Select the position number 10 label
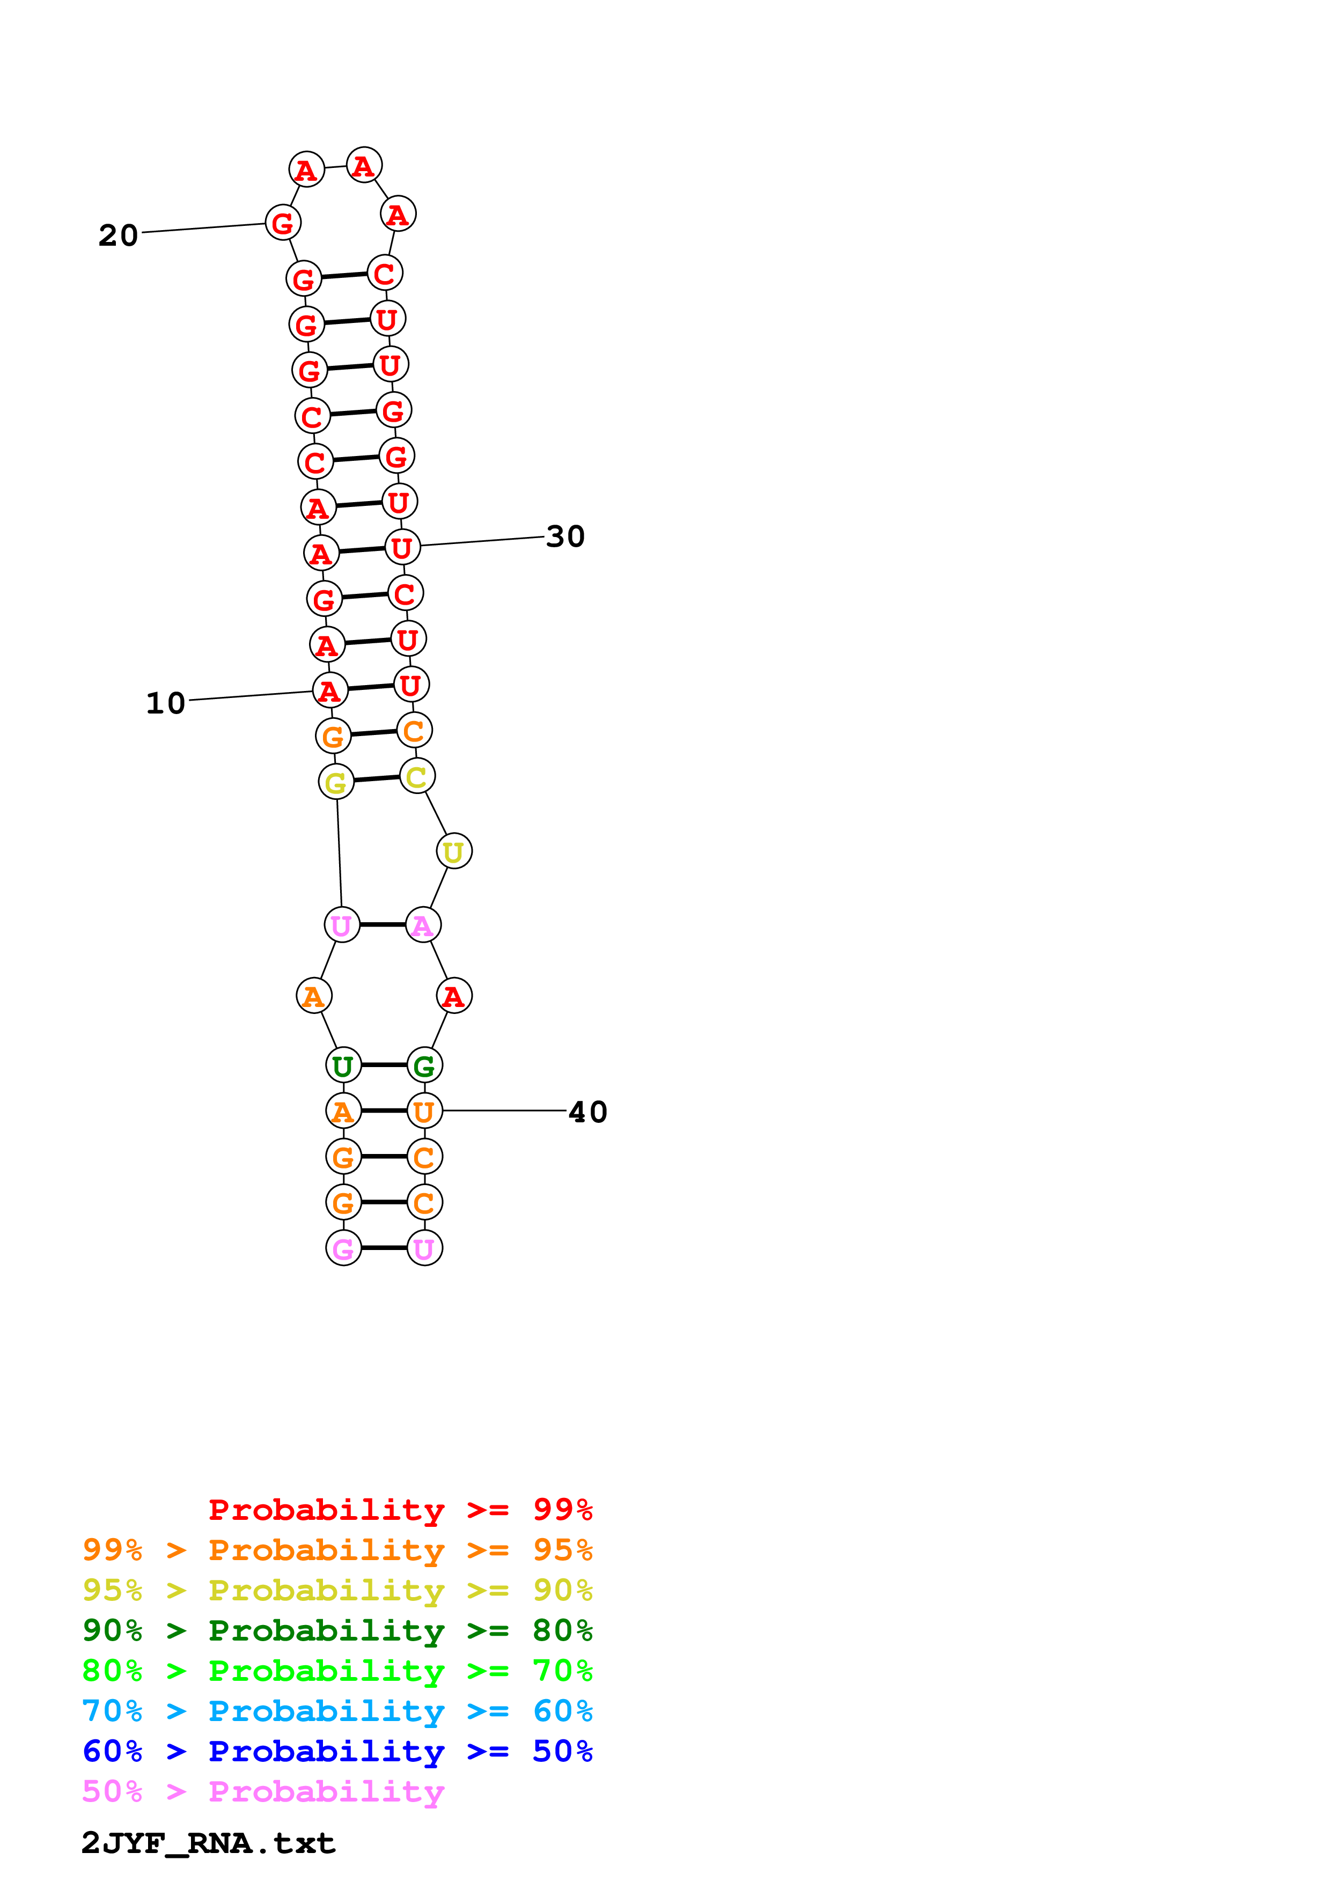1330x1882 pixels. coord(166,703)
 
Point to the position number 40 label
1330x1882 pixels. coord(587,1112)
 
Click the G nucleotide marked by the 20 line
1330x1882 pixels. coord(283,223)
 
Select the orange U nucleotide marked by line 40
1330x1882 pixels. coord(424,1112)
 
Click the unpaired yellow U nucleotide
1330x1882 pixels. coord(454,851)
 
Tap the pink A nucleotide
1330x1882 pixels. coord(423,925)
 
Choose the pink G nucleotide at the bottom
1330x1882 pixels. coord(343,1248)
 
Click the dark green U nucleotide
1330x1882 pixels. coord(343,1065)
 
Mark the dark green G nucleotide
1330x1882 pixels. coord(424,1065)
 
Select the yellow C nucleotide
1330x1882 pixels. coord(417,776)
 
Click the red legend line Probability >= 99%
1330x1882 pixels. coord(400,1510)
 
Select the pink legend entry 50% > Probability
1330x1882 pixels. coord(263,1792)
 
